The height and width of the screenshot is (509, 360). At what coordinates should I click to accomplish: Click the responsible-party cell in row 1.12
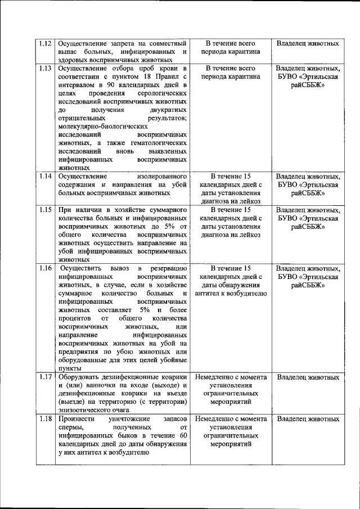pos(308,43)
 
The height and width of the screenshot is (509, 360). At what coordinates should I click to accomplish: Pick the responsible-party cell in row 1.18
pos(308,419)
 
